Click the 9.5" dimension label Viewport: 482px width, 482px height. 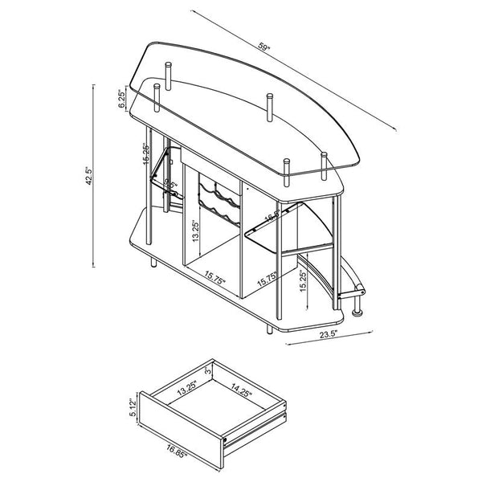pos(170,186)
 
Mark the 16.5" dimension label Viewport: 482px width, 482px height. pos(272,215)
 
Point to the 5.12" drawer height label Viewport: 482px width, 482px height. pos(133,411)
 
